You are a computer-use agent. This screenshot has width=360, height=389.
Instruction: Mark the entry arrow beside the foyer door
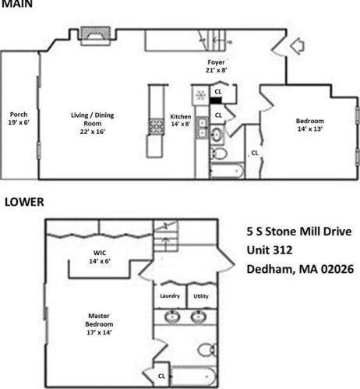[297, 48]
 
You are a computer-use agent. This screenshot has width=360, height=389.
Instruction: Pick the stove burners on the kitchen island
[156, 126]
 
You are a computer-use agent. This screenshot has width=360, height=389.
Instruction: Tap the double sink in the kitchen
[202, 128]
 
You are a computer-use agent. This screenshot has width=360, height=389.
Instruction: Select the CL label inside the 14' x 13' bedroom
[254, 153]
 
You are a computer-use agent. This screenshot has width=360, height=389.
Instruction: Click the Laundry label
[170, 295]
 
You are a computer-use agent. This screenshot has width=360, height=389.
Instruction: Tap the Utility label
[200, 295]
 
